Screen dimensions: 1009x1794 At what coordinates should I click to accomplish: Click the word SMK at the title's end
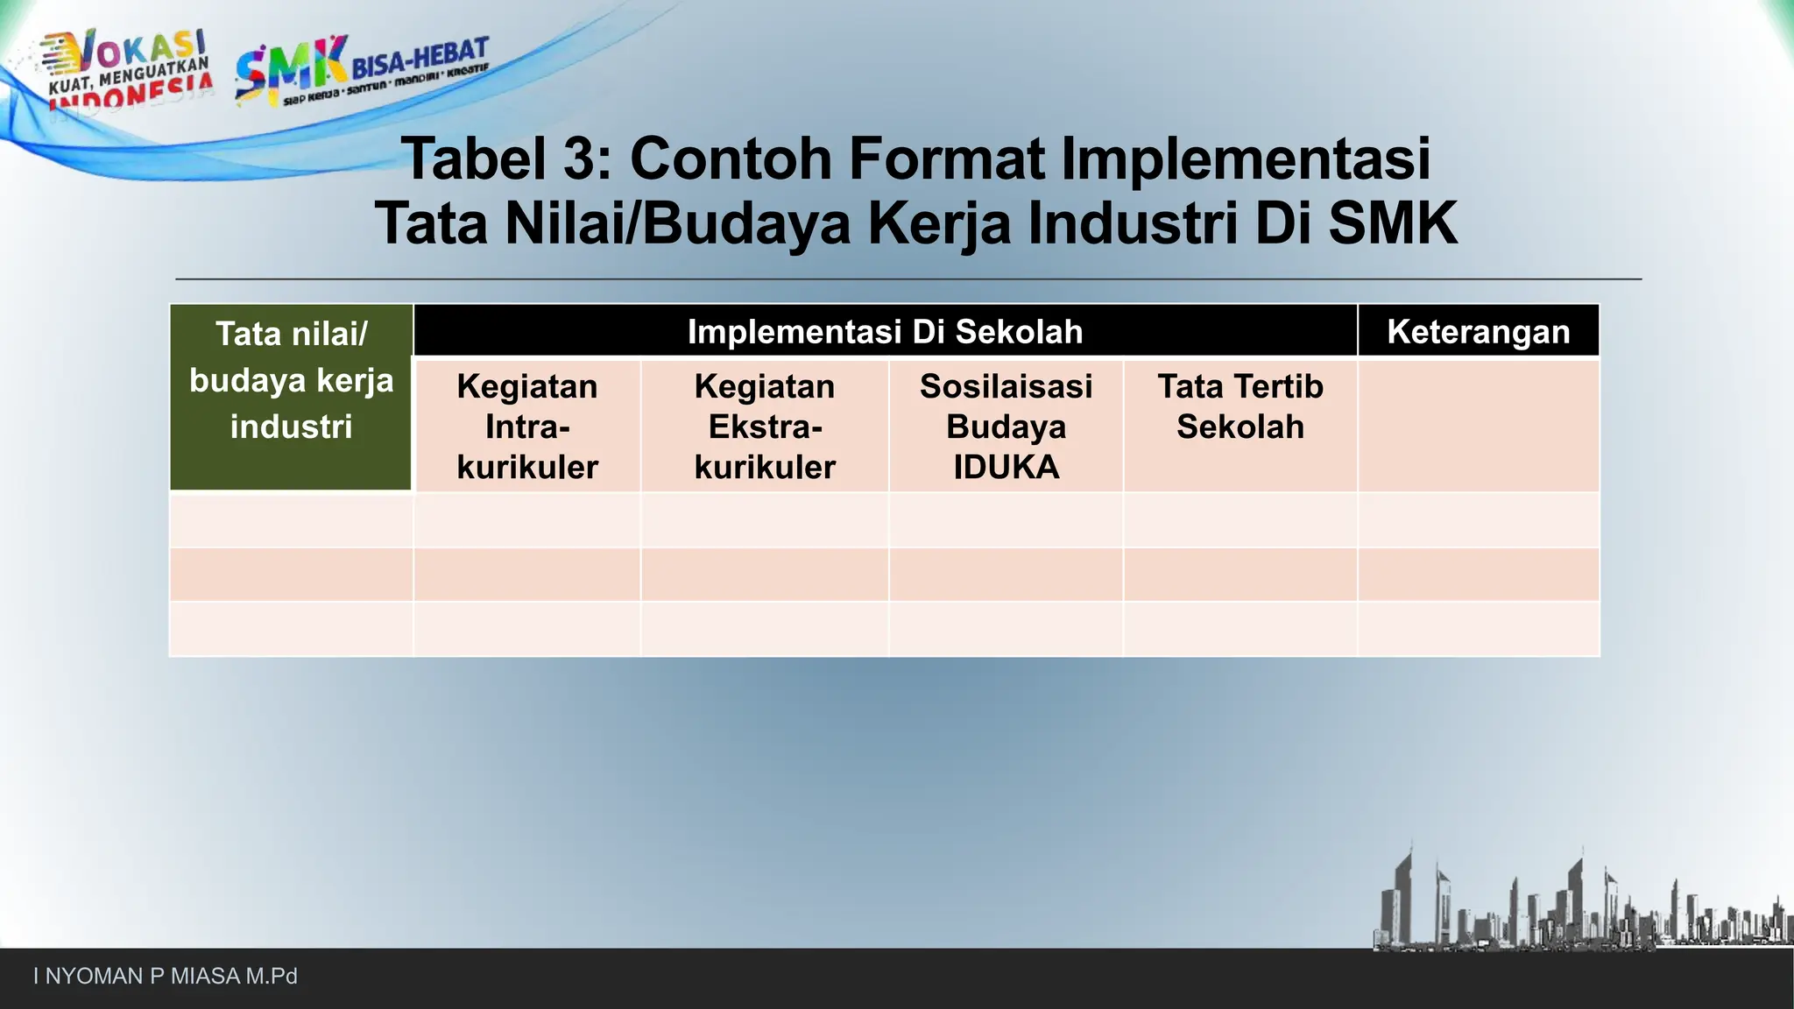click(1393, 224)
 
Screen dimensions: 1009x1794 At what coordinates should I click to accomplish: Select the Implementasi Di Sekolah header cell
click(885, 332)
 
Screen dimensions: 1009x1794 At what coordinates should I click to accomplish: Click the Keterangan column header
click(1479, 332)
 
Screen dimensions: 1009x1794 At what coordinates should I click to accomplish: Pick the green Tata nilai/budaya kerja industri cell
click(291, 397)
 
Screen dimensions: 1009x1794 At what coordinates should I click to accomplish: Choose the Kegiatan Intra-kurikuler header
click(527, 427)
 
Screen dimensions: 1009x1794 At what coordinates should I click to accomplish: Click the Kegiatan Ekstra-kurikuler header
click(765, 427)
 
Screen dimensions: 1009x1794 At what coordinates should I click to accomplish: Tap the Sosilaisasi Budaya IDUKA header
click(1006, 427)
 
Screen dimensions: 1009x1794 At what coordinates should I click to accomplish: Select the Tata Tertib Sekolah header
click(1240, 407)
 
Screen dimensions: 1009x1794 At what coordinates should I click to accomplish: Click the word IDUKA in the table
click(1006, 468)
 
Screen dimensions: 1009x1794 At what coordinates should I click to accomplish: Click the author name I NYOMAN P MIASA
click(166, 977)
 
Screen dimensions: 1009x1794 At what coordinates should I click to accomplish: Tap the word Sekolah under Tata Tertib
click(1240, 427)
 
